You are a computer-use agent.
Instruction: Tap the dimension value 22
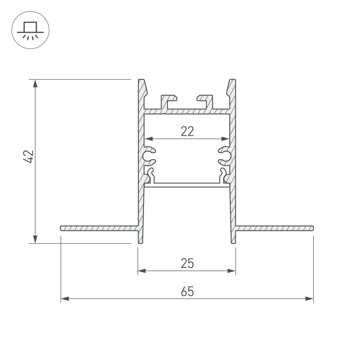pyautogui.click(x=187, y=131)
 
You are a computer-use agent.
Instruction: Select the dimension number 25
pyautogui.click(x=187, y=264)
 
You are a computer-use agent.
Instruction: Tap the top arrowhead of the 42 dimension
pyautogui.click(x=35, y=83)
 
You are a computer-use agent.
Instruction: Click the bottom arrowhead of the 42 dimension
pyautogui.click(x=35, y=239)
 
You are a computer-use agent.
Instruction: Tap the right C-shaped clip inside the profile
pyautogui.click(x=224, y=156)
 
